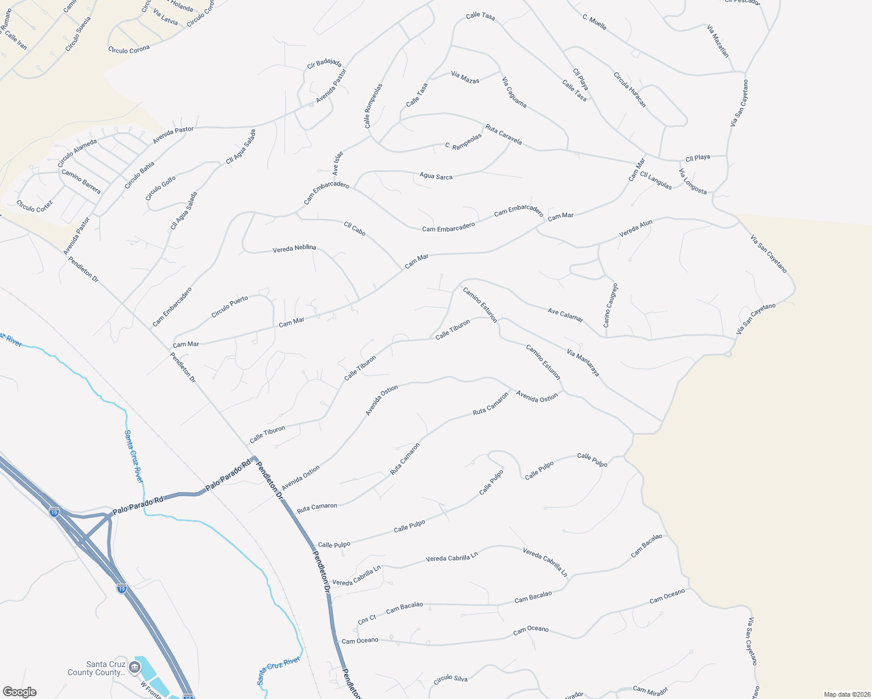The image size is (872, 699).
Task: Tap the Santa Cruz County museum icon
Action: click(135, 667)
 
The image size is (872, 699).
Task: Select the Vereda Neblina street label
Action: click(294, 249)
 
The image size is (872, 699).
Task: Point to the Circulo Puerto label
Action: click(230, 306)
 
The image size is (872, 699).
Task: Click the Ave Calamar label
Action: click(565, 315)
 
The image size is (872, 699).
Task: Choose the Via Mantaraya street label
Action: click(583, 362)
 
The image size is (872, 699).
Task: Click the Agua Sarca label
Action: click(436, 176)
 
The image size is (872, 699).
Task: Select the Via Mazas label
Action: click(465, 77)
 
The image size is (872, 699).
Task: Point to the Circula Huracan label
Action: click(630, 90)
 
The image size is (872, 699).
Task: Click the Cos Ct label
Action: click(367, 620)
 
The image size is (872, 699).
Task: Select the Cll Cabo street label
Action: click(354, 229)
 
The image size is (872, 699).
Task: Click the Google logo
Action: click(19, 692)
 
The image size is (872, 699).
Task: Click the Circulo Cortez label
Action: click(34, 206)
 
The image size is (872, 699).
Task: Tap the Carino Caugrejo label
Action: click(610, 306)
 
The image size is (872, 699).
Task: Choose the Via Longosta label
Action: click(692, 182)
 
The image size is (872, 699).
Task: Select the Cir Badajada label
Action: click(324, 63)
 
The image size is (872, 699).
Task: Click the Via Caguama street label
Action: click(514, 92)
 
